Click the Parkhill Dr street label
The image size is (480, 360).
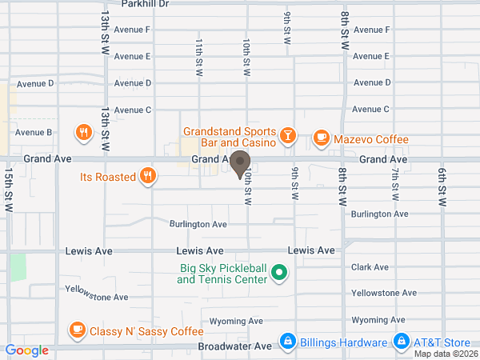coord(146,4)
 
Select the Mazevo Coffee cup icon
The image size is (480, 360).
coord(321,138)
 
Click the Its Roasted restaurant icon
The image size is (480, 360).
coord(146,177)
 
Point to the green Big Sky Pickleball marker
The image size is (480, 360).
coord(279,274)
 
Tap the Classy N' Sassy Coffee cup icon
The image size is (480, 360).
coord(77,329)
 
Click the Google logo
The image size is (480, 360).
coord(27,350)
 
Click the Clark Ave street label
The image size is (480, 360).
coord(370,267)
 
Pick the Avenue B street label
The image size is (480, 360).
coord(34,132)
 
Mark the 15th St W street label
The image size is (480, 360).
coord(8,190)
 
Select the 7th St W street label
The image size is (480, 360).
coord(395,185)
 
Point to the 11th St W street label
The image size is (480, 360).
coord(199,57)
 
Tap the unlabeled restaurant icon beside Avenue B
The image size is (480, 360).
coord(82,132)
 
